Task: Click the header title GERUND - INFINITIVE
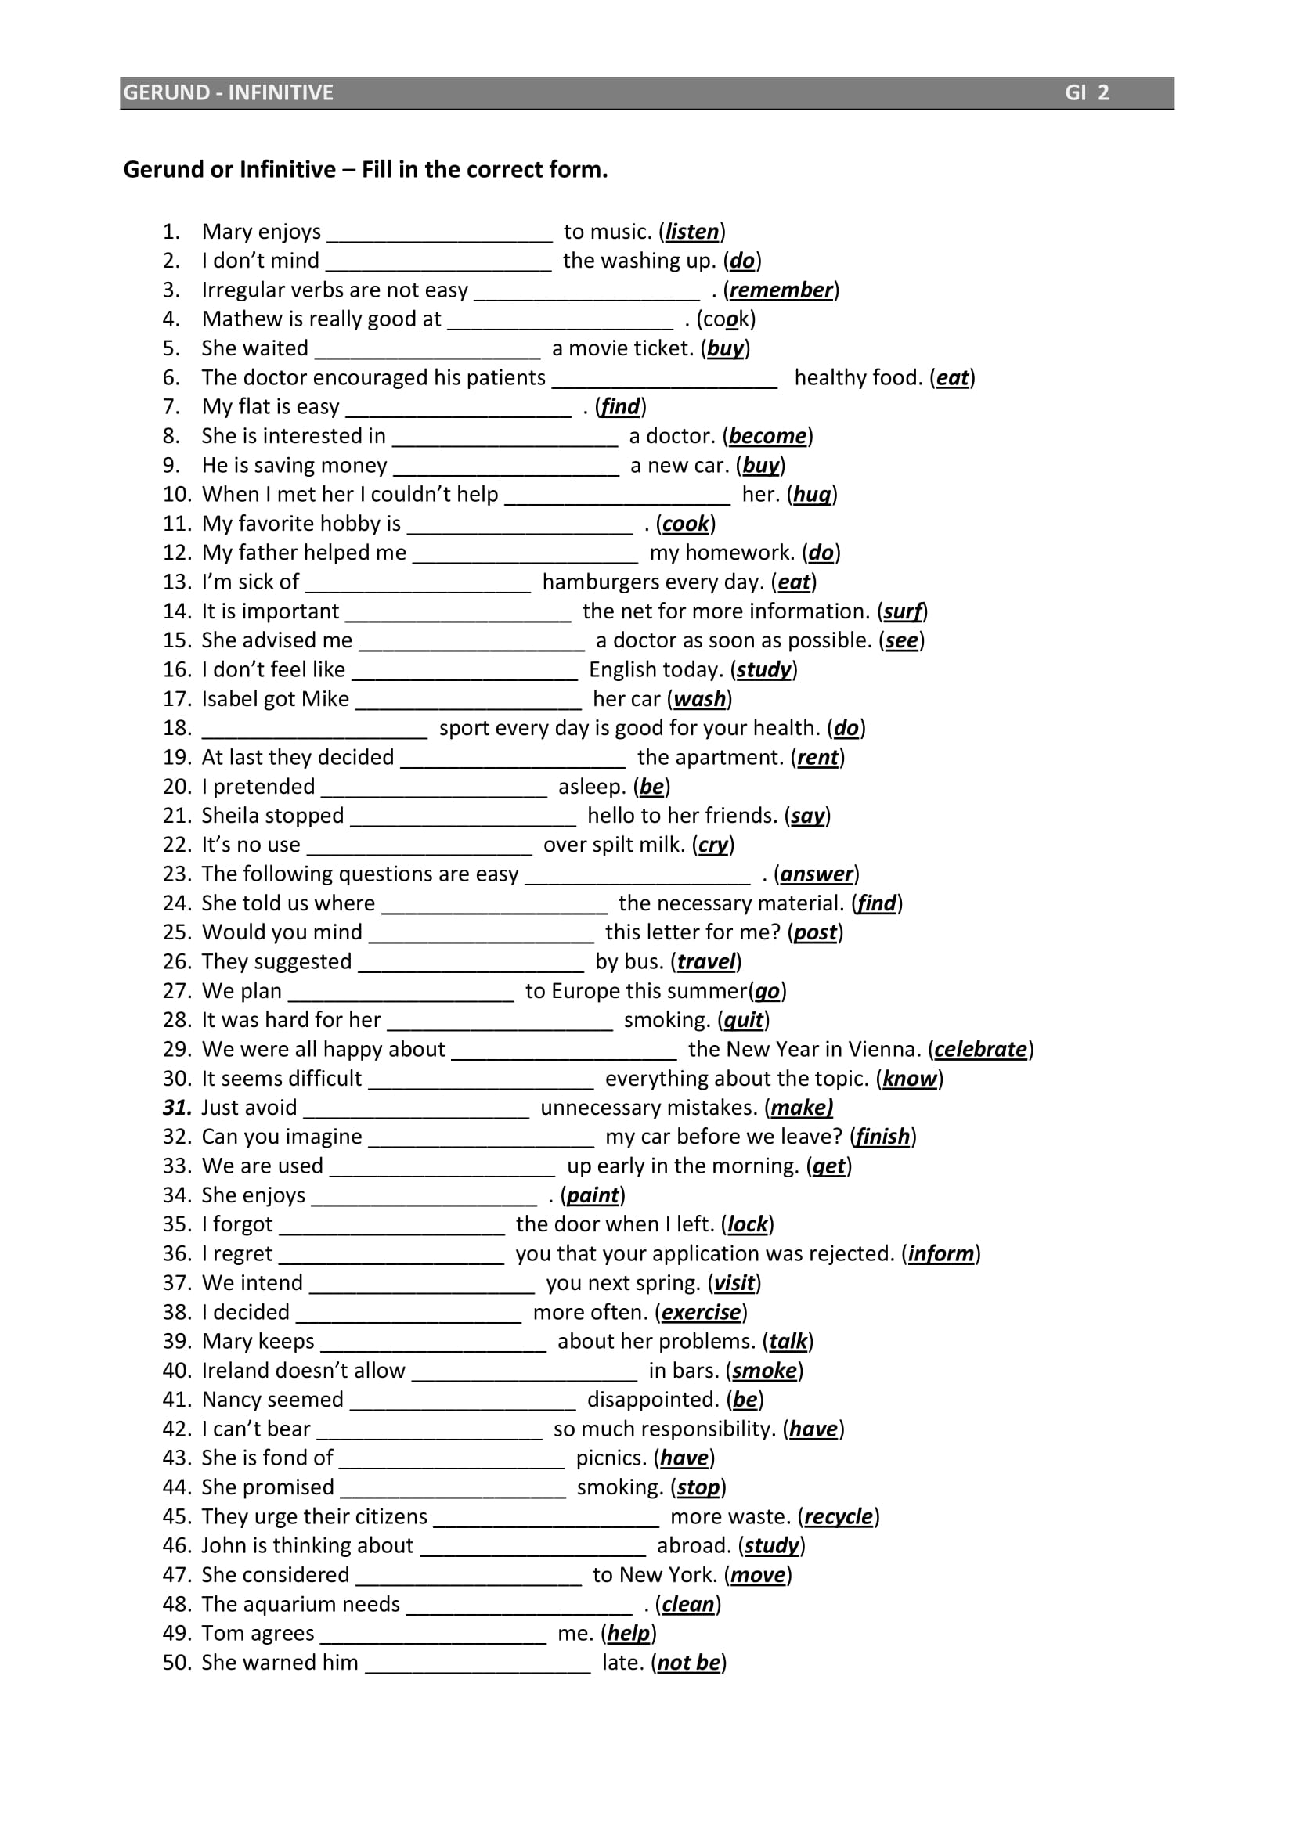(x=228, y=92)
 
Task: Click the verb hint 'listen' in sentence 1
(x=691, y=232)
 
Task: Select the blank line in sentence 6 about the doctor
(x=664, y=381)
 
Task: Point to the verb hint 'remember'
(x=781, y=290)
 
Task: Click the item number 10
(x=177, y=495)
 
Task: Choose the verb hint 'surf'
(x=902, y=611)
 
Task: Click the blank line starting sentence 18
(x=314, y=732)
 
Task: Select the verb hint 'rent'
(x=817, y=758)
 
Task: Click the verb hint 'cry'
(x=713, y=845)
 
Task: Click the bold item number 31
(x=177, y=1108)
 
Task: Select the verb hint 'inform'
(x=940, y=1253)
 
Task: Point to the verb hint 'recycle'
(x=838, y=1517)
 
